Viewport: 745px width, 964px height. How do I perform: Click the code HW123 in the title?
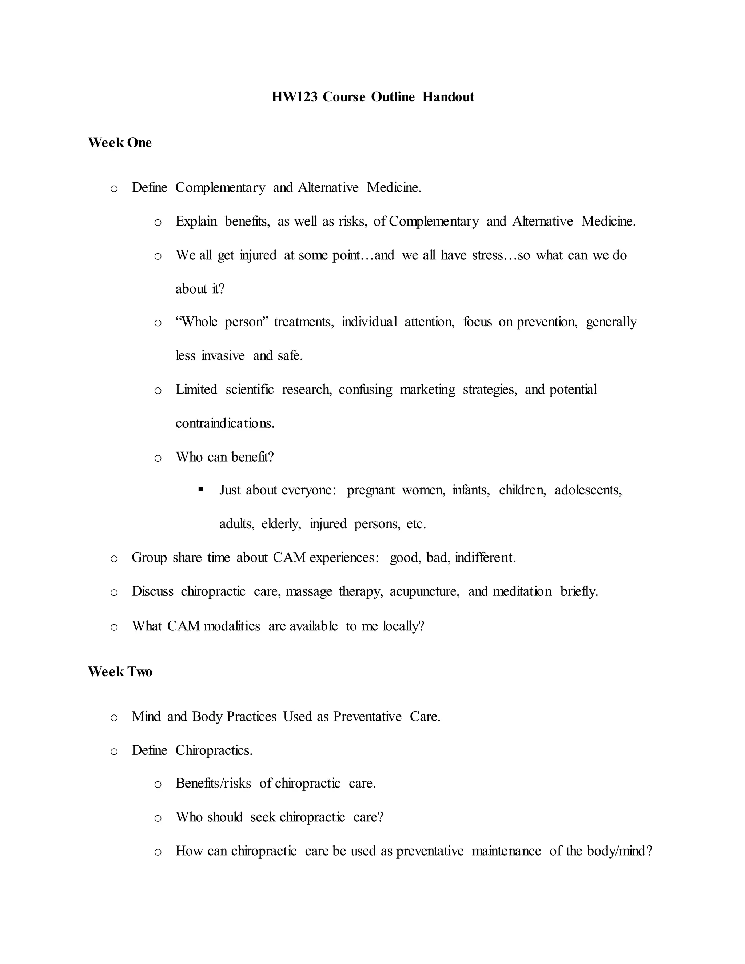pyautogui.click(x=294, y=97)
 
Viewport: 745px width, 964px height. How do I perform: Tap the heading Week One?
pyautogui.click(x=120, y=143)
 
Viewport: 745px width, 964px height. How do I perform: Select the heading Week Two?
pyautogui.click(x=120, y=672)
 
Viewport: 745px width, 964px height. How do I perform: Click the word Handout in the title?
pyautogui.click(x=448, y=97)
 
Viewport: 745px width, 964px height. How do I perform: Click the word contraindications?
pyautogui.click(x=225, y=423)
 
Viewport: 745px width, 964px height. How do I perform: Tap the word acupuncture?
pyautogui.click(x=424, y=591)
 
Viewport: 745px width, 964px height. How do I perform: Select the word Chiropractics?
pyautogui.click(x=214, y=750)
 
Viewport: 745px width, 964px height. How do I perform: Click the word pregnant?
pyautogui.click(x=371, y=490)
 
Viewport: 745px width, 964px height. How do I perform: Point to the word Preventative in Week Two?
pyautogui.click(x=367, y=716)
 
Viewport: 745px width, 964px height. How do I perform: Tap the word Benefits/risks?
pyautogui.click(x=213, y=784)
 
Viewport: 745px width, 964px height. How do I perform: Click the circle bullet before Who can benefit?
pyautogui.click(x=158, y=458)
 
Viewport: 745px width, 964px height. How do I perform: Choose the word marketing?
pyautogui.click(x=427, y=390)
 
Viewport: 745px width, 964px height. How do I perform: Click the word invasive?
pyautogui.click(x=223, y=356)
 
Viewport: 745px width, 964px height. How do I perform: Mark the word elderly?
pyautogui.click(x=281, y=524)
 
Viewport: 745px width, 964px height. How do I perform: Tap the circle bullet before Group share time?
pyautogui.click(x=114, y=559)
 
